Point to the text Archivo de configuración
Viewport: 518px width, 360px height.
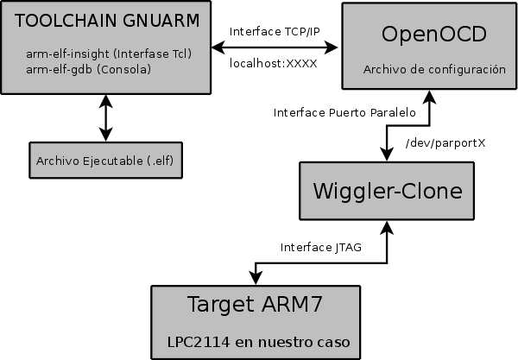click(434, 69)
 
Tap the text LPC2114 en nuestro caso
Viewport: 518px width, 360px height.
click(259, 342)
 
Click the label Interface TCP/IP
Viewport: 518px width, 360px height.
click(274, 31)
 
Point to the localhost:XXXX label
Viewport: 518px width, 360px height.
click(274, 63)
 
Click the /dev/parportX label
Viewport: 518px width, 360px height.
click(445, 142)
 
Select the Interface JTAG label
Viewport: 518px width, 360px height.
click(320, 248)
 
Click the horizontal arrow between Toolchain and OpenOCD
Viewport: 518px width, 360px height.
click(274, 47)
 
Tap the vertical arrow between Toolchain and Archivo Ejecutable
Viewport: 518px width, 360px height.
click(105, 118)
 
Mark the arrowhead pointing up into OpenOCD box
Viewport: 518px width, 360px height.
click(425, 97)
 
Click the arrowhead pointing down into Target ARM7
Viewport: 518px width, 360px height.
click(256, 276)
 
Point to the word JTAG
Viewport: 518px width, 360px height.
click(346, 248)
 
